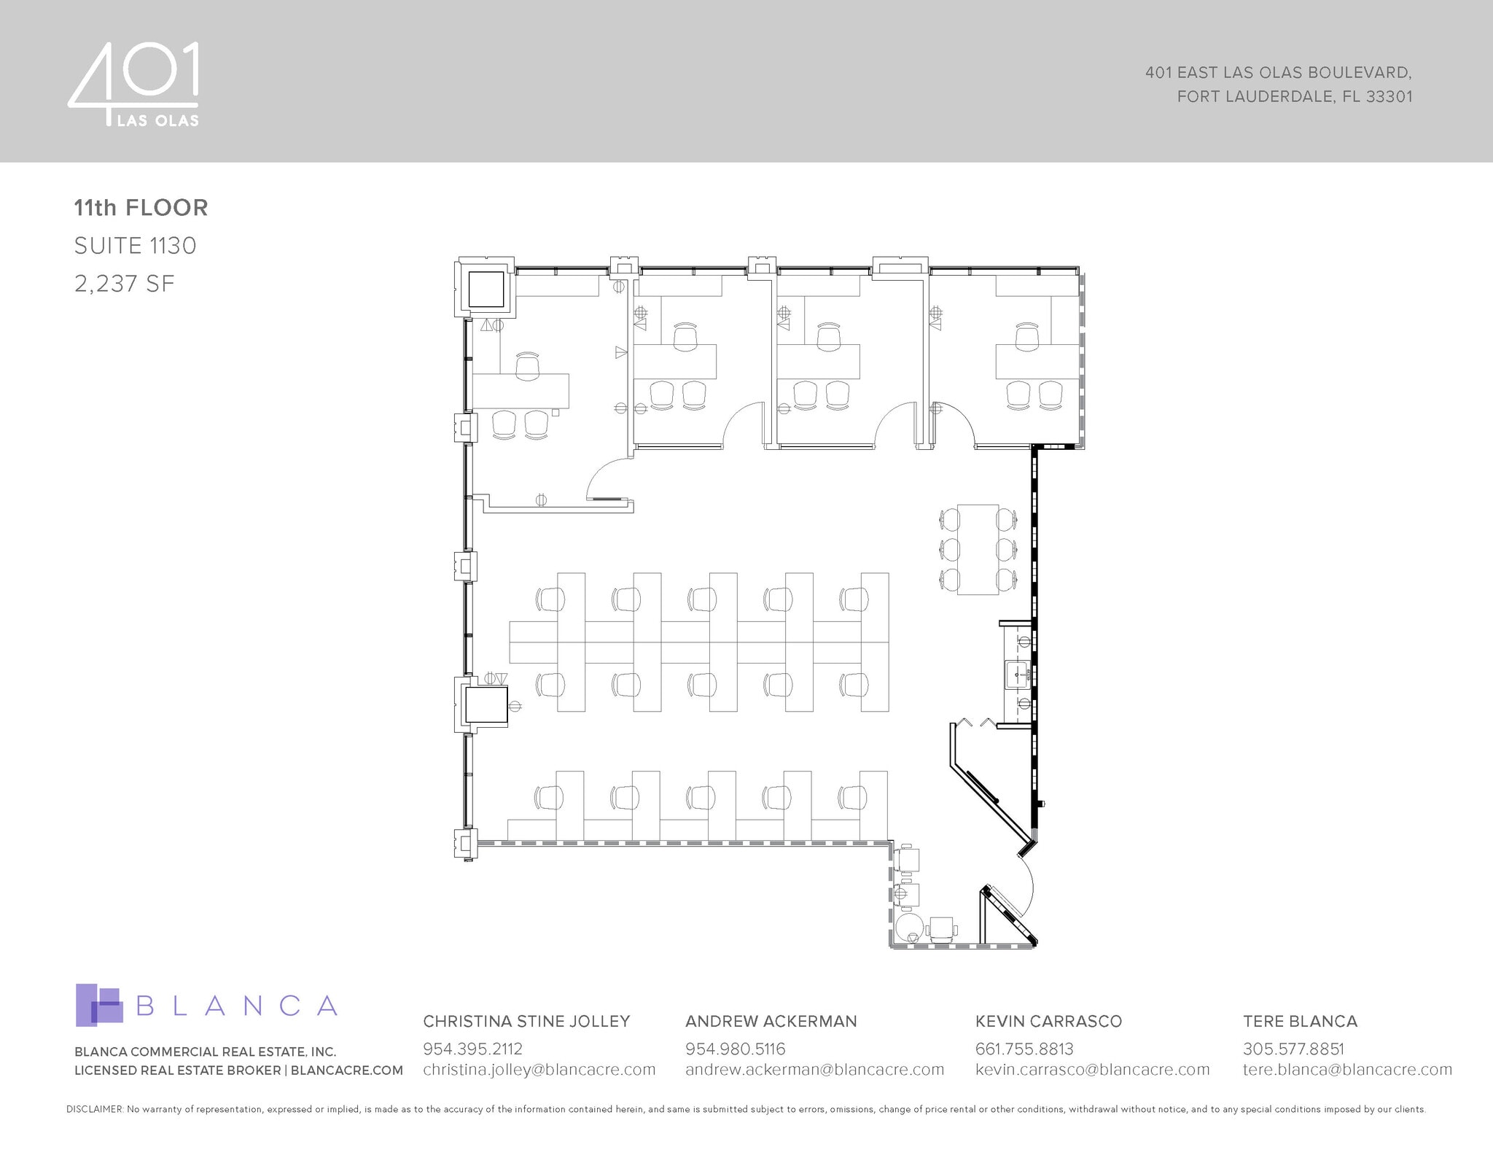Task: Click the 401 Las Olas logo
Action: click(134, 85)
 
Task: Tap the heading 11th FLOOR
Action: click(141, 208)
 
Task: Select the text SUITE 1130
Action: click(135, 246)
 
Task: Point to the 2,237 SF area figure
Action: click(125, 284)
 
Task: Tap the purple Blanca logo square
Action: click(98, 1005)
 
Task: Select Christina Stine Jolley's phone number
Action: click(472, 1049)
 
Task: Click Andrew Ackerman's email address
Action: click(814, 1070)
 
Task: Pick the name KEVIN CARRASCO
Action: click(1048, 1021)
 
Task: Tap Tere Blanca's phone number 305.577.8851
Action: click(1293, 1049)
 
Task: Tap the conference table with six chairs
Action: click(978, 549)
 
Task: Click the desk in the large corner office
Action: click(521, 391)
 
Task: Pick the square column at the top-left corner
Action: click(486, 289)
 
